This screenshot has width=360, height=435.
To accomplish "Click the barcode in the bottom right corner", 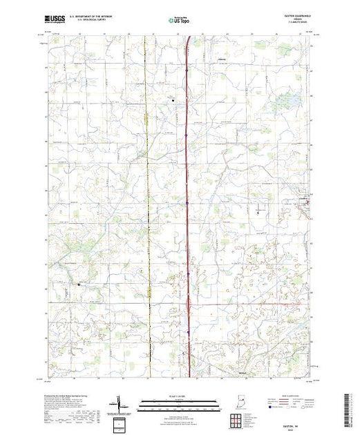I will tap(350, 405).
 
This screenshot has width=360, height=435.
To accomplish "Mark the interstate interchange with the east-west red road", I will tap(189, 302).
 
